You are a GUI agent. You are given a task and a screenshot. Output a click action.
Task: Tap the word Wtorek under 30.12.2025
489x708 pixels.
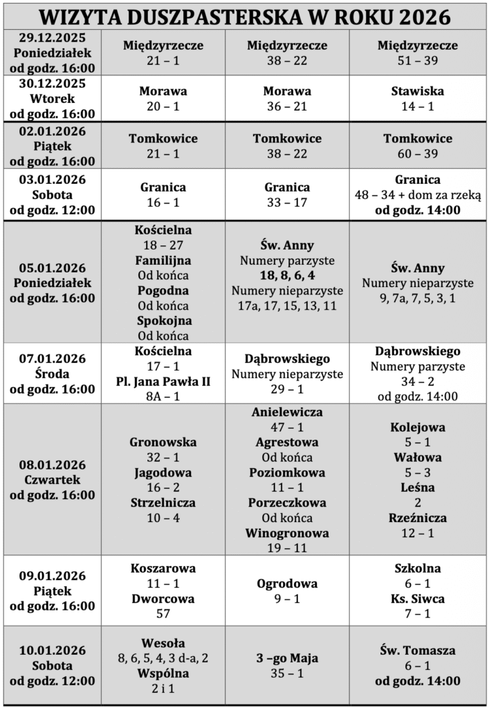53,98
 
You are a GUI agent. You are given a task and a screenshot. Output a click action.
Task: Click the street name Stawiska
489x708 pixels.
418,91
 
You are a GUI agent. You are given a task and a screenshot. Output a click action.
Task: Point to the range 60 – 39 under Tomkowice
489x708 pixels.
418,153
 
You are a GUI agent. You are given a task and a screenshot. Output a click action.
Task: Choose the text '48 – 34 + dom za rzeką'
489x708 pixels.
418,195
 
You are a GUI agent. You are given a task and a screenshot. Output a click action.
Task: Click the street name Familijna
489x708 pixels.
163,261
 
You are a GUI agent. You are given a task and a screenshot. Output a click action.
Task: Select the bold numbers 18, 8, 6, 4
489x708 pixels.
287,275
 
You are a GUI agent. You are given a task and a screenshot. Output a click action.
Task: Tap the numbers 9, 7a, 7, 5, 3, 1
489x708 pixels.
418,298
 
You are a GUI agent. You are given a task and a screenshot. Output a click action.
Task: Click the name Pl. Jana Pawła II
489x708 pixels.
163,381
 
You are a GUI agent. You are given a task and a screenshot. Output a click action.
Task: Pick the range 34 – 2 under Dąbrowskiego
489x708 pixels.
418,381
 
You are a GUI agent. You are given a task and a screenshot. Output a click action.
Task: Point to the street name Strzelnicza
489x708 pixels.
163,503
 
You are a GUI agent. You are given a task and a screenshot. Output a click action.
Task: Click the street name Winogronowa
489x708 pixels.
287,533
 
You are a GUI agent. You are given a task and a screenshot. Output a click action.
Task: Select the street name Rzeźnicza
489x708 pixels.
418,518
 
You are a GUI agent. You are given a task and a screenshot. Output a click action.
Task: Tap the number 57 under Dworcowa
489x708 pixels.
163,614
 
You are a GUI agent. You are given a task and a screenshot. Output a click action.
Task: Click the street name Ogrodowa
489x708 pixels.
287,584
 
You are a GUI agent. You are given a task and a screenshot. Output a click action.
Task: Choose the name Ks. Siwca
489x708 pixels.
418,599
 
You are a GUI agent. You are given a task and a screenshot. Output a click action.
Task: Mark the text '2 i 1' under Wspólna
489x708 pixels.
163,689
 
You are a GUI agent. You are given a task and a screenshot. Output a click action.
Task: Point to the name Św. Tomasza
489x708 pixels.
418,651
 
